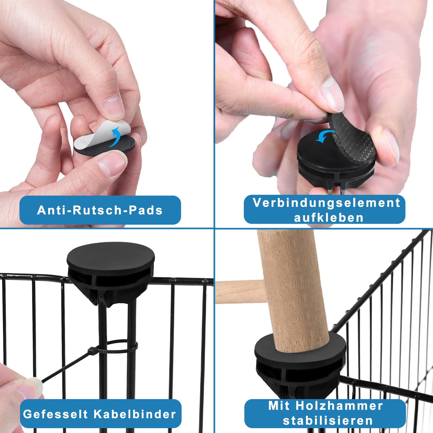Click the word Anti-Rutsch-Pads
pos(100,210)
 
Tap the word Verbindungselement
pos(327,203)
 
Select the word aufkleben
pos(329,218)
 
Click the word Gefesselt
pos(55,414)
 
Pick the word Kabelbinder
pos(135,414)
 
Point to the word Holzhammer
pos(339,406)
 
